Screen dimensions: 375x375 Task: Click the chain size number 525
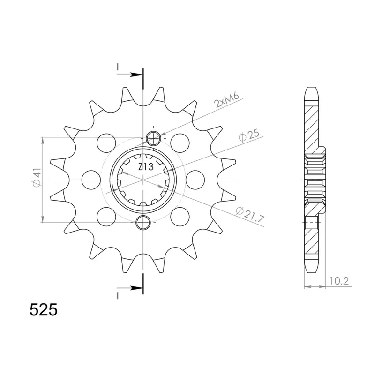click(x=44, y=310)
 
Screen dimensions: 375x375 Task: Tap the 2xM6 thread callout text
click(x=227, y=100)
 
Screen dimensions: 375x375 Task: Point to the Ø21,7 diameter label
click(x=250, y=215)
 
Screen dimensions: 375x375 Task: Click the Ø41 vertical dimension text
click(x=37, y=177)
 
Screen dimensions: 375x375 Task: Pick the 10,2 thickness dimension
click(x=339, y=281)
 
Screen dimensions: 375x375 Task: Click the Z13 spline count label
click(x=146, y=167)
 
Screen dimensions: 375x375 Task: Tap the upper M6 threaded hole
click(x=153, y=138)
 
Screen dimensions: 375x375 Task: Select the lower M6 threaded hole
click(x=143, y=222)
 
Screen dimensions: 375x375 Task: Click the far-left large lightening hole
click(x=91, y=180)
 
